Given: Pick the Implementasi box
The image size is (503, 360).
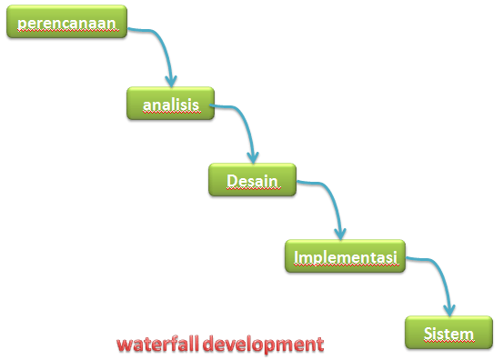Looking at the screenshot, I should (346, 257).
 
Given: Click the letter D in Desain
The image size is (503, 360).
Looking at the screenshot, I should (233, 179).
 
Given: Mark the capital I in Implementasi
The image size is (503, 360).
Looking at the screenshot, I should (297, 257).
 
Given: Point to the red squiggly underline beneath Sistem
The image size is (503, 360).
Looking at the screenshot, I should (448, 343).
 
